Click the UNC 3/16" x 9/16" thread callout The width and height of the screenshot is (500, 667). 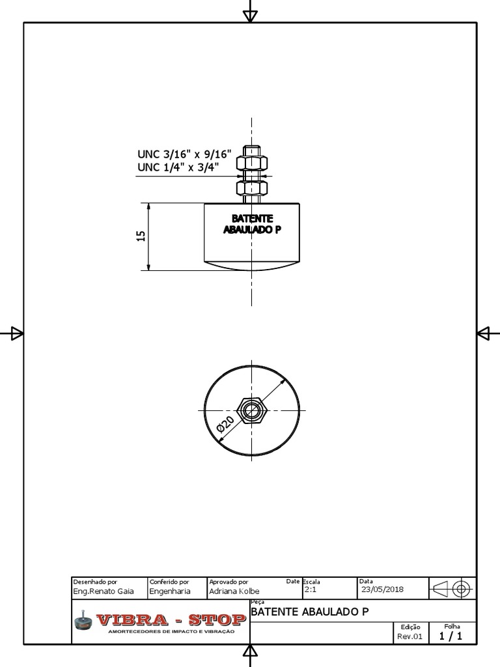coord(184,155)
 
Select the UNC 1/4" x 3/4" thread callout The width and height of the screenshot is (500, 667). coord(178,168)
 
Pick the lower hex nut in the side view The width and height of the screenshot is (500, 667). coord(251,189)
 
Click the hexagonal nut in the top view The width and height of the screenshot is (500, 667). coord(251,410)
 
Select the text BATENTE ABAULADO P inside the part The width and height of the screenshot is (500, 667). coord(251,225)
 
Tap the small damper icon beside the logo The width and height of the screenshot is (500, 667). coord(83,621)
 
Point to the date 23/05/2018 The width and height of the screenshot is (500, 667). coord(382,589)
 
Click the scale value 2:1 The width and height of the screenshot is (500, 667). coord(311,589)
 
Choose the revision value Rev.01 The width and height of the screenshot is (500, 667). coord(410,636)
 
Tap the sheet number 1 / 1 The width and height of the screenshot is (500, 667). coord(451,636)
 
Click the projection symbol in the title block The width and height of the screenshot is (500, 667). coord(452,589)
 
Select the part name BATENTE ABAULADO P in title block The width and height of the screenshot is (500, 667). coord(309,612)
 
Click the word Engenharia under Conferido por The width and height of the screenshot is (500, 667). coord(170,591)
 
